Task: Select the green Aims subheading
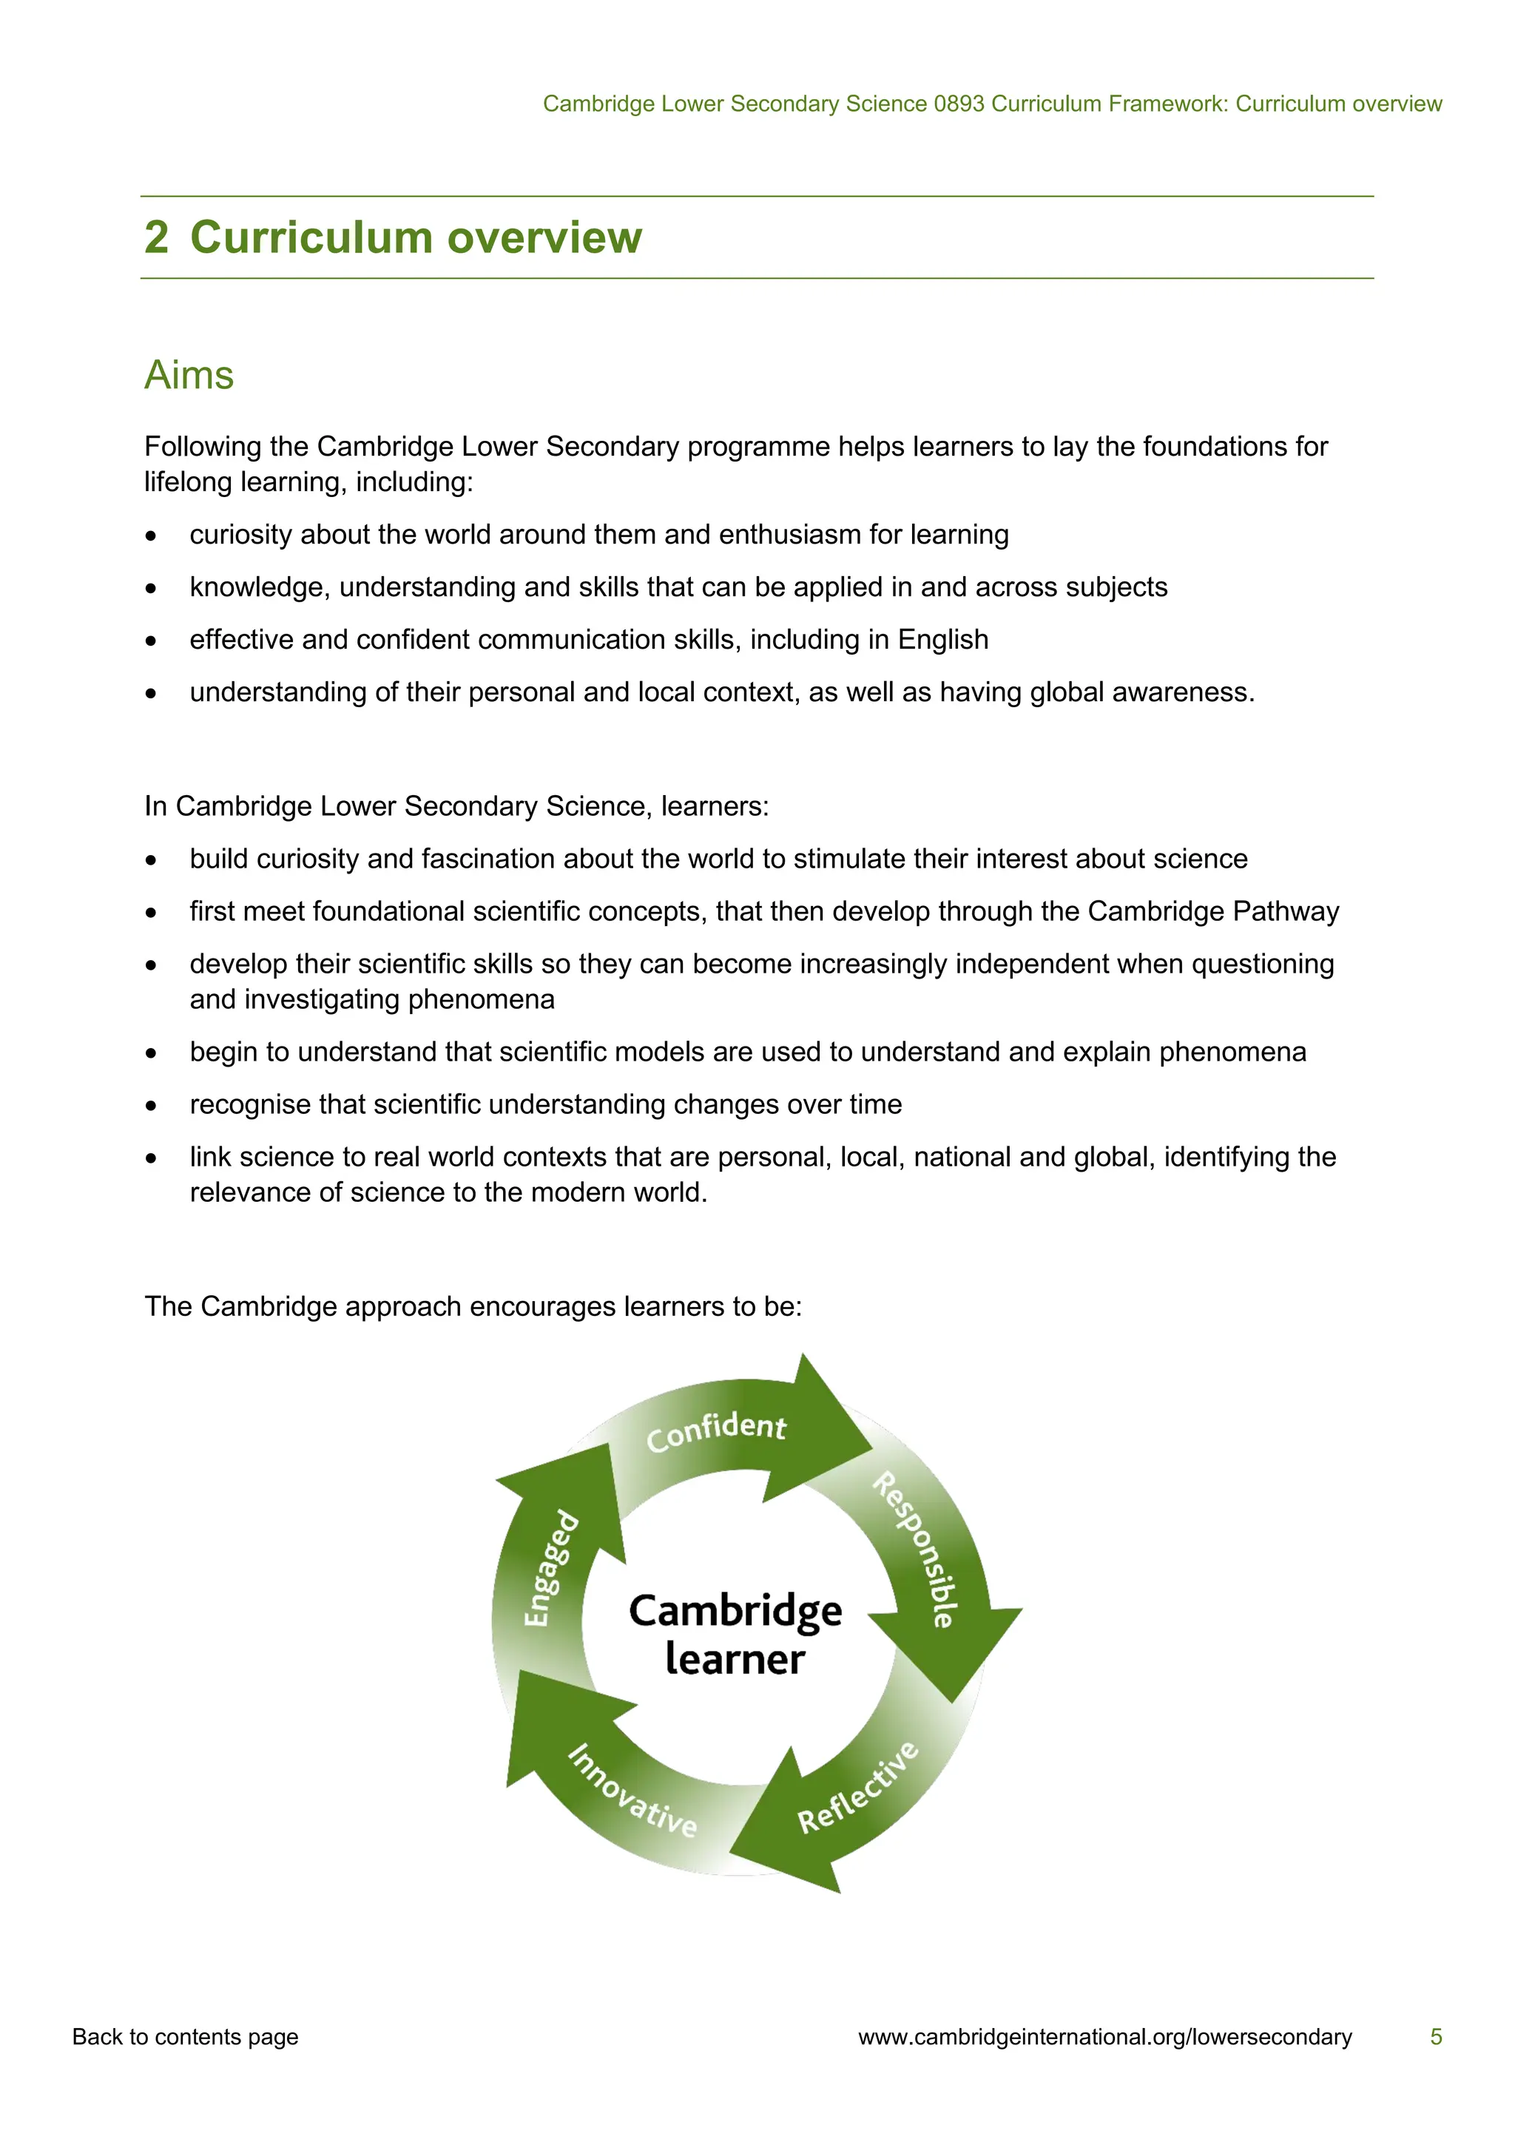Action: point(189,375)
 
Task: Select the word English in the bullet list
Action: point(942,640)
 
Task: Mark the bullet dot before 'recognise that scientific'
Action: point(151,1107)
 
